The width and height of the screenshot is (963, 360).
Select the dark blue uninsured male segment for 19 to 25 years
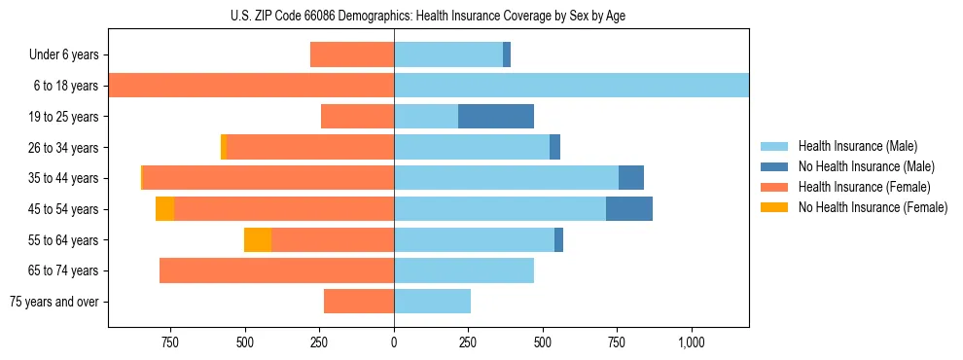496,117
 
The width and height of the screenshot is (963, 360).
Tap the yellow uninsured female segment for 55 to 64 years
258,239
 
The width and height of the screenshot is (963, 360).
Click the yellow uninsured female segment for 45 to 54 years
164,209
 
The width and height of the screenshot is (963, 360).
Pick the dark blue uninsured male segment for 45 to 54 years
629,209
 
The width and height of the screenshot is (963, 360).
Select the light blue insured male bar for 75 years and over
432,302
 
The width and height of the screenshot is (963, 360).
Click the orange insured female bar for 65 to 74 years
276,270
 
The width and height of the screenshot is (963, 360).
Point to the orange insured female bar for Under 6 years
352,55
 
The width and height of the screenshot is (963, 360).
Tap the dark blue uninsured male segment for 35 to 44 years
631,178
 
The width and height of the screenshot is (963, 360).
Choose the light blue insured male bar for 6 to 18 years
571,86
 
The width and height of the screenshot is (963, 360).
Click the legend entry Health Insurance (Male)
857,146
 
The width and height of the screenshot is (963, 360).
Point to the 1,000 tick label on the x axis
692,342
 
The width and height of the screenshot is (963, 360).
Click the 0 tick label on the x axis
394,342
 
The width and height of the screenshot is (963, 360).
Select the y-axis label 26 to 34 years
64,148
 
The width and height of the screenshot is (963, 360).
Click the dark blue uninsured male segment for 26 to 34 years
554,148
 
